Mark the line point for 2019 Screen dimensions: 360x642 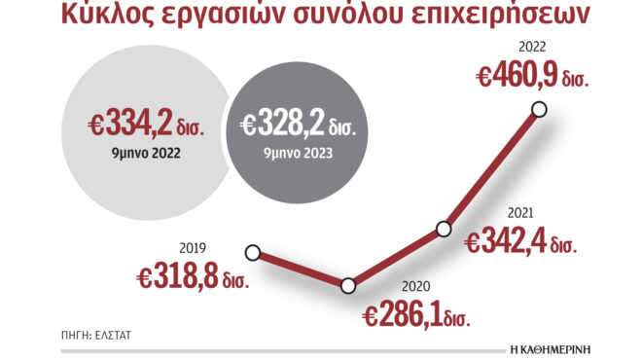click(x=253, y=253)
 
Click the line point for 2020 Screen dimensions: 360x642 click(x=348, y=285)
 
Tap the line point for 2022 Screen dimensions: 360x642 click(x=541, y=110)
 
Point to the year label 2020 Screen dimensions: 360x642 click(x=413, y=288)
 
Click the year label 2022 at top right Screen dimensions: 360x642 click(x=532, y=45)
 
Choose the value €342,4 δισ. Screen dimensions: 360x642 click(x=520, y=241)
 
